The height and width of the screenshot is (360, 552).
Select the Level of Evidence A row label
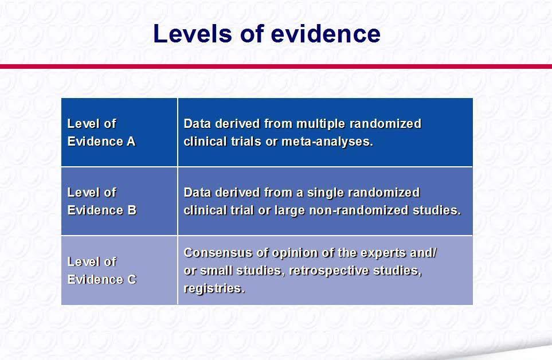(x=101, y=132)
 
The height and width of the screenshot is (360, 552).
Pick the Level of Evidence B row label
(x=101, y=201)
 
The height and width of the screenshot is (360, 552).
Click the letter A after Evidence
(x=131, y=141)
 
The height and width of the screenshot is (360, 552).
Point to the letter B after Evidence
(x=132, y=210)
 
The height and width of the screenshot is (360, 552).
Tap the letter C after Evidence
(x=132, y=279)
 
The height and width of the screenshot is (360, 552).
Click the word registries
(x=214, y=288)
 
